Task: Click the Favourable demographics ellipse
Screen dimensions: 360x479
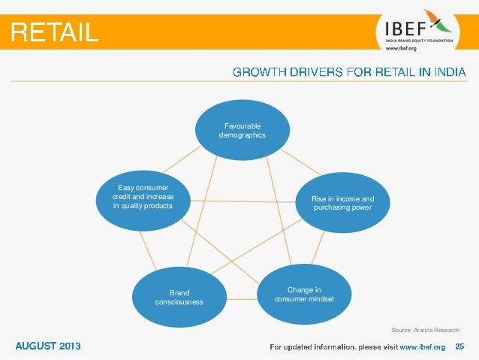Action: click(x=242, y=129)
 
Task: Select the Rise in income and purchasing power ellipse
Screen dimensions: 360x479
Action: click(x=342, y=203)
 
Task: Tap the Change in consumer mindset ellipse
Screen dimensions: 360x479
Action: click(x=304, y=294)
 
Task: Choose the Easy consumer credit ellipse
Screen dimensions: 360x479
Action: click(x=143, y=197)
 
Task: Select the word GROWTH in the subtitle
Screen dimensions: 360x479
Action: click(x=258, y=72)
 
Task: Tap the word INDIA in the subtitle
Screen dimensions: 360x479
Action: click(x=447, y=72)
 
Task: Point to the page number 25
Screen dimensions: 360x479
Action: click(x=460, y=346)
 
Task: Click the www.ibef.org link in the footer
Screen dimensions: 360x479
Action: click(x=422, y=346)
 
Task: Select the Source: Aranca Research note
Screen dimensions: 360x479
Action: click(x=425, y=330)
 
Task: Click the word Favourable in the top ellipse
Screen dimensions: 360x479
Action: click(x=242, y=126)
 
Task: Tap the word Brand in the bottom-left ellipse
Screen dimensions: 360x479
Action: click(x=179, y=292)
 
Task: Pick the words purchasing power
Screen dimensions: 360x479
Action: click(x=342, y=207)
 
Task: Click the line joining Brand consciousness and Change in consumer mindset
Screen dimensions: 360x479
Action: click(x=241, y=299)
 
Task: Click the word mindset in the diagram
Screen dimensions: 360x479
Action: click(x=320, y=298)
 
